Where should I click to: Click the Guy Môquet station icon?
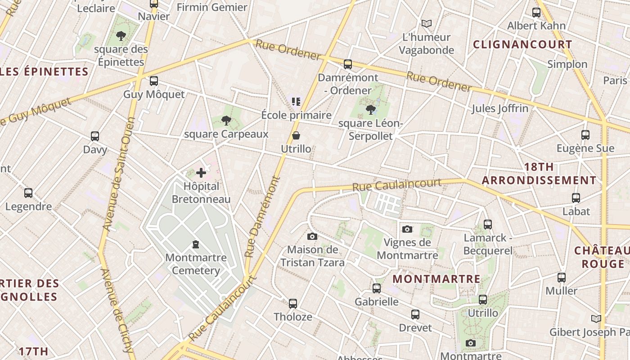click(154, 81)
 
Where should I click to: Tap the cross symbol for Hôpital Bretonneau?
click(201, 173)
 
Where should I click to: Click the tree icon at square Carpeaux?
click(226, 120)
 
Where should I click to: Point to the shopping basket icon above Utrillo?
click(296, 135)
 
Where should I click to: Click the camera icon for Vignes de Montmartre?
click(407, 229)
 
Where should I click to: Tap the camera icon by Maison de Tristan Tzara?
click(312, 237)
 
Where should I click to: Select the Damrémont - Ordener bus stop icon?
click(348, 64)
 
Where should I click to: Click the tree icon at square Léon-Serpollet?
click(371, 109)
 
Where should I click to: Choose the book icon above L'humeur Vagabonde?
click(426, 23)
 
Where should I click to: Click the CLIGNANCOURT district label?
click(522, 45)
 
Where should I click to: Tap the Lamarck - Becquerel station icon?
click(488, 224)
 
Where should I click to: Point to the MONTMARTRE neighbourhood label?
click(436, 279)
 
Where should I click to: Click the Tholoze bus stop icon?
click(293, 304)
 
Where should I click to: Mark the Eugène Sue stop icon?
click(585, 135)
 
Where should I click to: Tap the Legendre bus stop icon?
click(28, 193)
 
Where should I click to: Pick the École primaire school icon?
click(296, 101)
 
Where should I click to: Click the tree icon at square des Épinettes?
click(121, 36)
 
